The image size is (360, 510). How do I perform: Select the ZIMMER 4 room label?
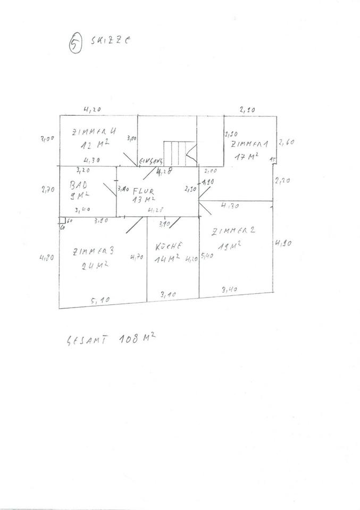click(94, 132)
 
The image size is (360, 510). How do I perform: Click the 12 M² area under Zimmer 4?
click(96, 144)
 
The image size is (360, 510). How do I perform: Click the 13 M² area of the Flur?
click(144, 199)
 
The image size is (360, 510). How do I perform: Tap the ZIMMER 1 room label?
click(250, 143)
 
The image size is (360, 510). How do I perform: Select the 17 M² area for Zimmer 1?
click(248, 156)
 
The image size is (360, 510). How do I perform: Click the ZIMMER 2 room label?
click(233, 231)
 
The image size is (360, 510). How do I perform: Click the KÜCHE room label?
click(170, 246)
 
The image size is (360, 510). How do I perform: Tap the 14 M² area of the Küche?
click(168, 259)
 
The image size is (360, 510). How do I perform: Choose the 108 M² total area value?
click(136, 337)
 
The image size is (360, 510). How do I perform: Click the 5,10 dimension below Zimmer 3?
click(100, 301)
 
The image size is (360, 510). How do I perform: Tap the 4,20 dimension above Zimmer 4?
click(92, 109)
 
